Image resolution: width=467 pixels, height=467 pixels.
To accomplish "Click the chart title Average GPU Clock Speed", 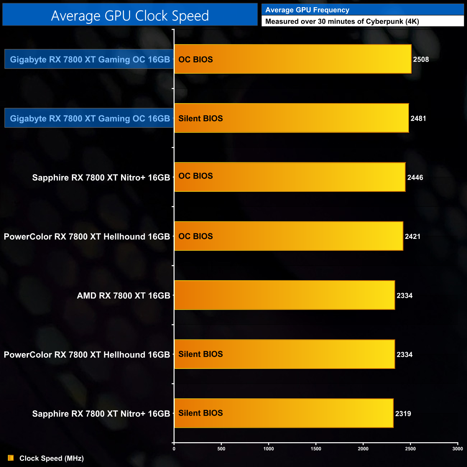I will [130, 15].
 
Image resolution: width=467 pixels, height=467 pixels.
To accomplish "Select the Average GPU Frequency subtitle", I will [307, 10].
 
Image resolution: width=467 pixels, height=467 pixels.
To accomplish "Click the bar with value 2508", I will [292, 59].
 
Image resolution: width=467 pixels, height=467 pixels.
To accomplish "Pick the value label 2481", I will [418, 119].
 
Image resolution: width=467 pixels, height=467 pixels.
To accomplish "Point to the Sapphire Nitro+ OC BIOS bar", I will [290, 177].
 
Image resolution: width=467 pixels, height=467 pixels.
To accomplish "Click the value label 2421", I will [412, 236].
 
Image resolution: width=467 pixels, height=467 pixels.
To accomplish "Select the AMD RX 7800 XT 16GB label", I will [123, 296].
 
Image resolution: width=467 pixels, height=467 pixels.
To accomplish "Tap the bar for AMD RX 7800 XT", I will [284, 295].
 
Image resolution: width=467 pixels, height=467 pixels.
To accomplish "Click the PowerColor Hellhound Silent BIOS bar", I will [284, 354].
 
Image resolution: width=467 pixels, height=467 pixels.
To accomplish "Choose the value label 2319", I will [403, 413].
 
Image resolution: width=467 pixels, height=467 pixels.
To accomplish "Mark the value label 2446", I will [415, 177].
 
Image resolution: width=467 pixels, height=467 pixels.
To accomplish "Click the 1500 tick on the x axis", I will [316, 449].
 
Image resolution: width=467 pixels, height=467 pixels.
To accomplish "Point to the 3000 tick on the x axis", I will [457, 449].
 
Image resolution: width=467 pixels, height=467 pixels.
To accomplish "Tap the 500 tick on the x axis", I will [221, 449].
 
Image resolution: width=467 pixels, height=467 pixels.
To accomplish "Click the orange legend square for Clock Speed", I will [11, 458].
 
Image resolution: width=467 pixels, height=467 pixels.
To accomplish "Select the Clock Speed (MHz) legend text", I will [51, 458].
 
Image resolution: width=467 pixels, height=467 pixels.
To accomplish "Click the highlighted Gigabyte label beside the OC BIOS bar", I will [89, 59].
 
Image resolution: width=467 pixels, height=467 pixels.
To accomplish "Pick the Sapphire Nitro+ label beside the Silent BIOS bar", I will [101, 413].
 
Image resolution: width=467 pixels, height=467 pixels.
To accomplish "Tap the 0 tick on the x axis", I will [174, 449].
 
